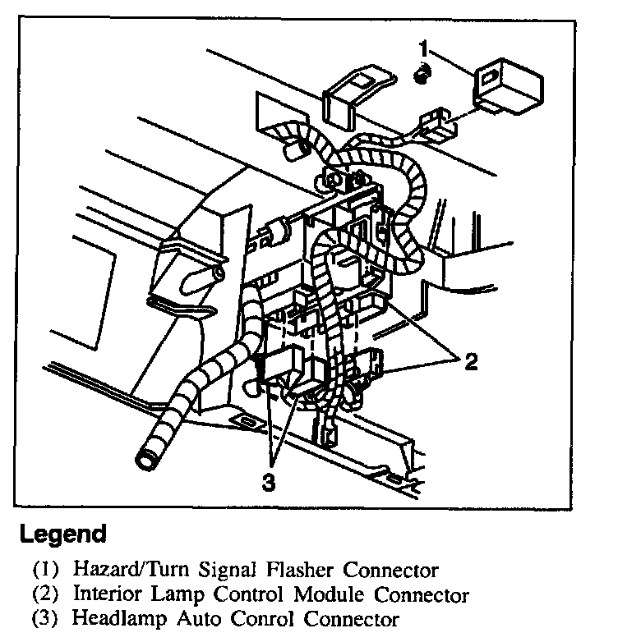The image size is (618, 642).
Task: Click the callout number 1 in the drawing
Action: click(x=424, y=49)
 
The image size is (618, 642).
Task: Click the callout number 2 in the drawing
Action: click(x=470, y=362)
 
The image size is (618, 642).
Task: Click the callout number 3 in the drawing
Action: click(x=267, y=484)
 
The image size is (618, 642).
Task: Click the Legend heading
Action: click(x=63, y=535)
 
